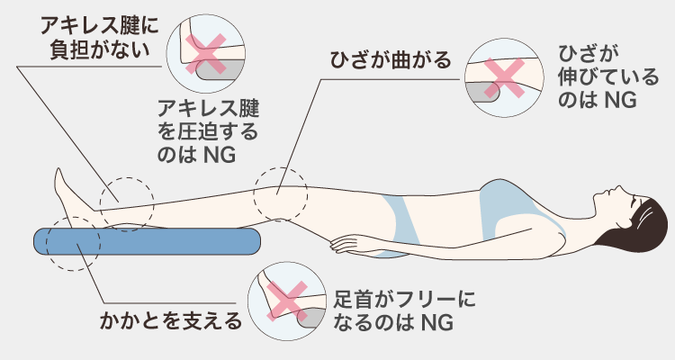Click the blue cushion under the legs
[x=148, y=241]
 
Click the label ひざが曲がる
[x=391, y=60]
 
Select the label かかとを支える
[x=171, y=320]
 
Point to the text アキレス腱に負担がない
[x=99, y=38]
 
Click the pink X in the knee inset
[x=504, y=78]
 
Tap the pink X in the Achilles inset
[x=206, y=53]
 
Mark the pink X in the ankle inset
[x=287, y=301]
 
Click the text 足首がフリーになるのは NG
[x=404, y=310]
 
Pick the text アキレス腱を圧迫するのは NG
[x=208, y=131]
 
